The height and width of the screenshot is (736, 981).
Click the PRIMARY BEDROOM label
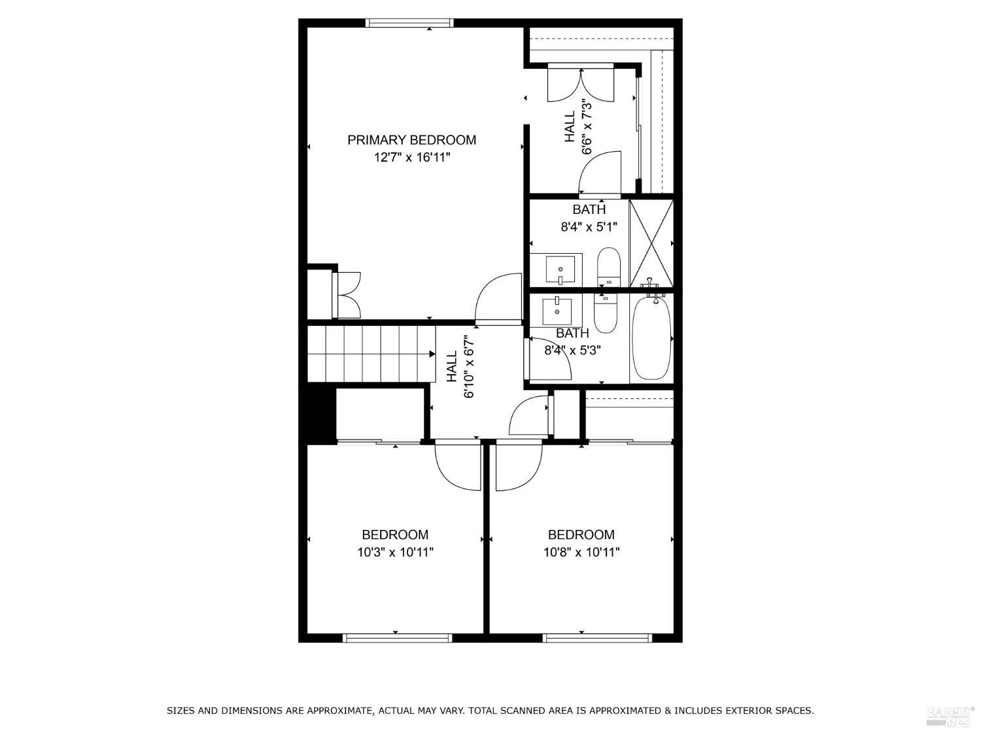click(x=411, y=139)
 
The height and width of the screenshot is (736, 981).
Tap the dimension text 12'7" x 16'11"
click(x=412, y=157)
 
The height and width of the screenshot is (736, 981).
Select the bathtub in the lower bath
click(x=651, y=337)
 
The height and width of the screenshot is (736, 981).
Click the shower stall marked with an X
click(x=651, y=243)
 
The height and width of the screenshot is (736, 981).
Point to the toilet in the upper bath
click(x=608, y=266)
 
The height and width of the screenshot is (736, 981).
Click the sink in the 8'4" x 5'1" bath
click(x=561, y=269)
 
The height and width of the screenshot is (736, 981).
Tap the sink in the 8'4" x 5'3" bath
click(x=557, y=311)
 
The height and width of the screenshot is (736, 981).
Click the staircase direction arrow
click(x=432, y=354)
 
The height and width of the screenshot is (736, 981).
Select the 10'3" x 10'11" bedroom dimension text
click(x=395, y=552)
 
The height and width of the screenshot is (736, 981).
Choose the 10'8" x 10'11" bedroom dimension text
click(x=581, y=552)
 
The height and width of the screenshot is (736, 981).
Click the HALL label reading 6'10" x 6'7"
click(x=460, y=367)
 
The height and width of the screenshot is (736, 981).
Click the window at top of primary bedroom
click(x=409, y=23)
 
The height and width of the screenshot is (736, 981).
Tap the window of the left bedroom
click(x=397, y=637)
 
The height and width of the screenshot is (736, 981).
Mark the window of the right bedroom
click(x=597, y=637)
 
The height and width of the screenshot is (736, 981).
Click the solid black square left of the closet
click(x=317, y=415)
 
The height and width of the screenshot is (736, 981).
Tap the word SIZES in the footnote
click(x=181, y=710)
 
